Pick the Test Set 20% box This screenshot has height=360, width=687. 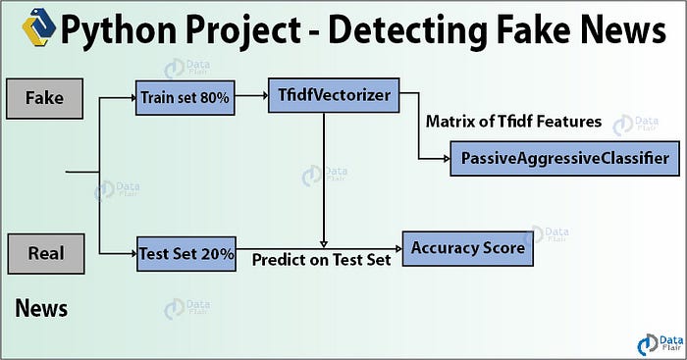(x=185, y=254)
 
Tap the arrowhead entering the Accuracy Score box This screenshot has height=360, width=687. (x=396, y=247)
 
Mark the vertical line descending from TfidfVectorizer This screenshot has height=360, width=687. (x=324, y=177)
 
